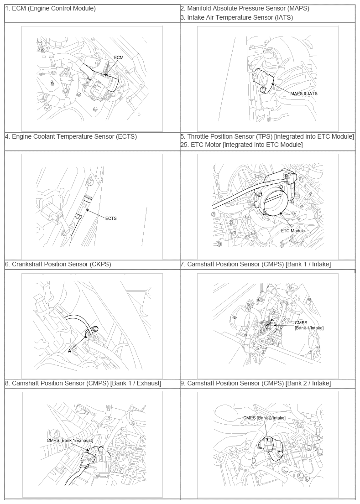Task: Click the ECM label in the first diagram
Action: click(119, 57)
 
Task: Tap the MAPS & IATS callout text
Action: click(303, 94)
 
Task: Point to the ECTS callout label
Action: click(111, 218)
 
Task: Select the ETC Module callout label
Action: click(292, 231)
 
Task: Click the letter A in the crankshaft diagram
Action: click(69, 351)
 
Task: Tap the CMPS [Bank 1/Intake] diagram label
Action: click(309, 325)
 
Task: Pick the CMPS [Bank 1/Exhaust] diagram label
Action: click(70, 440)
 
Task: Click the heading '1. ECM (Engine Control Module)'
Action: click(50, 8)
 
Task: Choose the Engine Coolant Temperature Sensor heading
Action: click(71, 136)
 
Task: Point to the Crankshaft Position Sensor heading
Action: click(58, 264)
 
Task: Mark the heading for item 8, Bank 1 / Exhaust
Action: click(83, 383)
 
